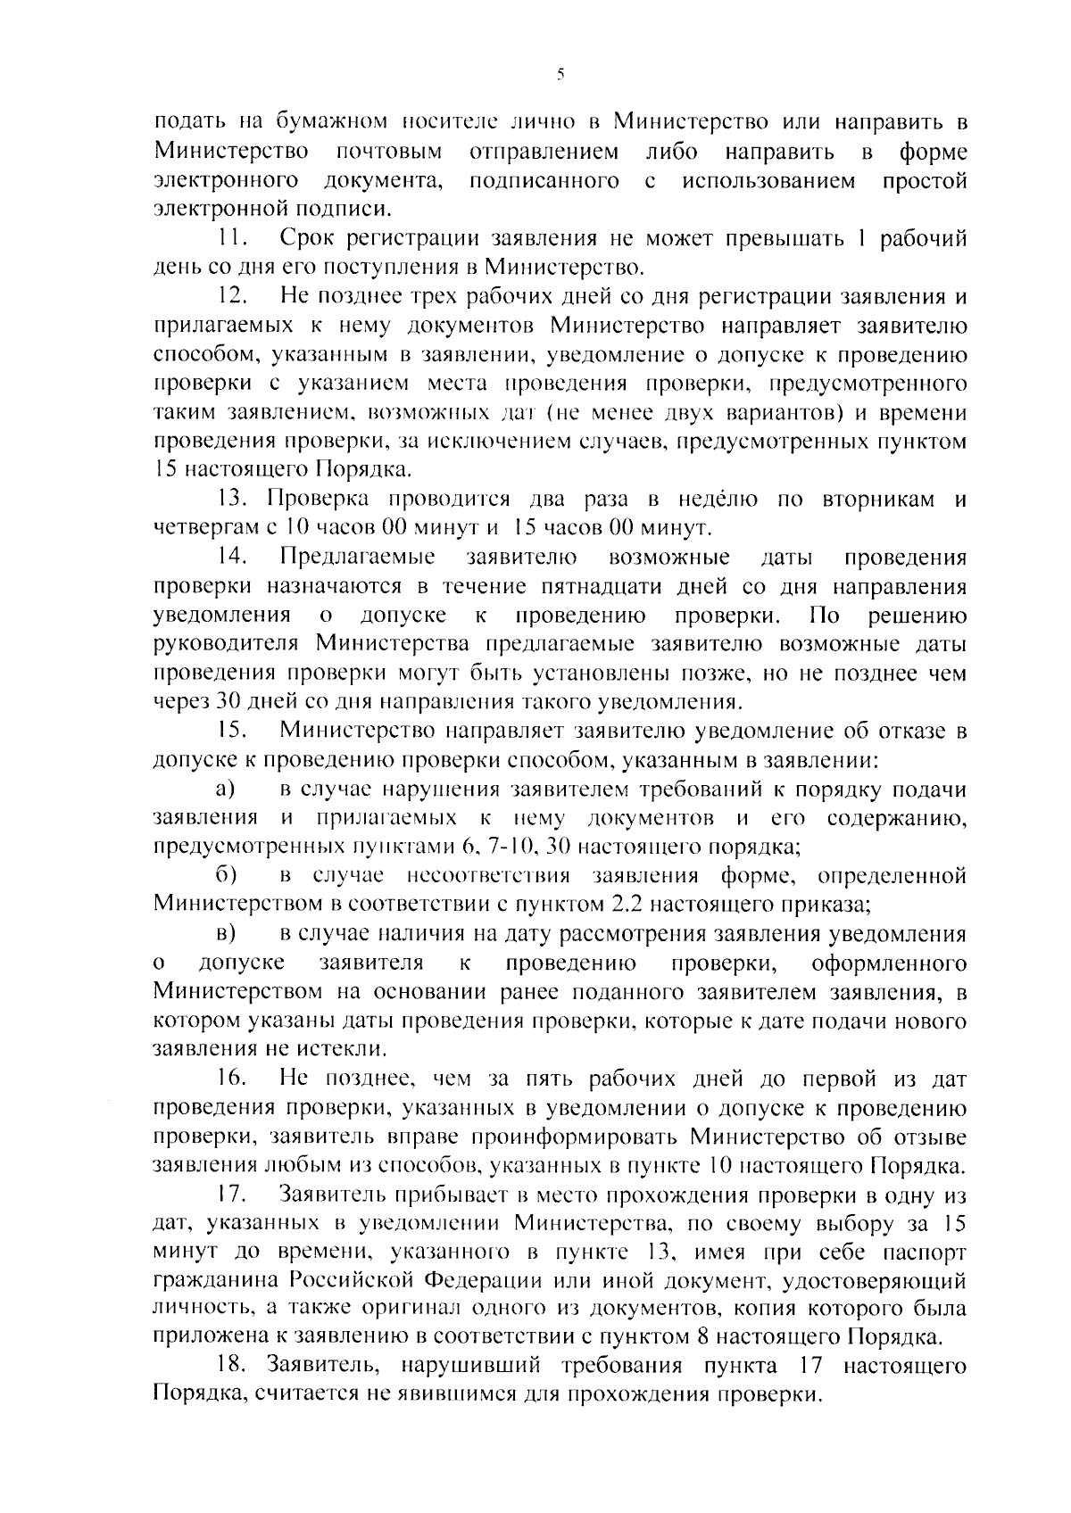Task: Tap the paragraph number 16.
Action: coord(232,1079)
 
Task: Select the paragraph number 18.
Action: coord(232,1366)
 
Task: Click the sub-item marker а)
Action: coord(225,790)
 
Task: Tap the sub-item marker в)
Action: coord(225,934)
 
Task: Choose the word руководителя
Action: coord(228,644)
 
